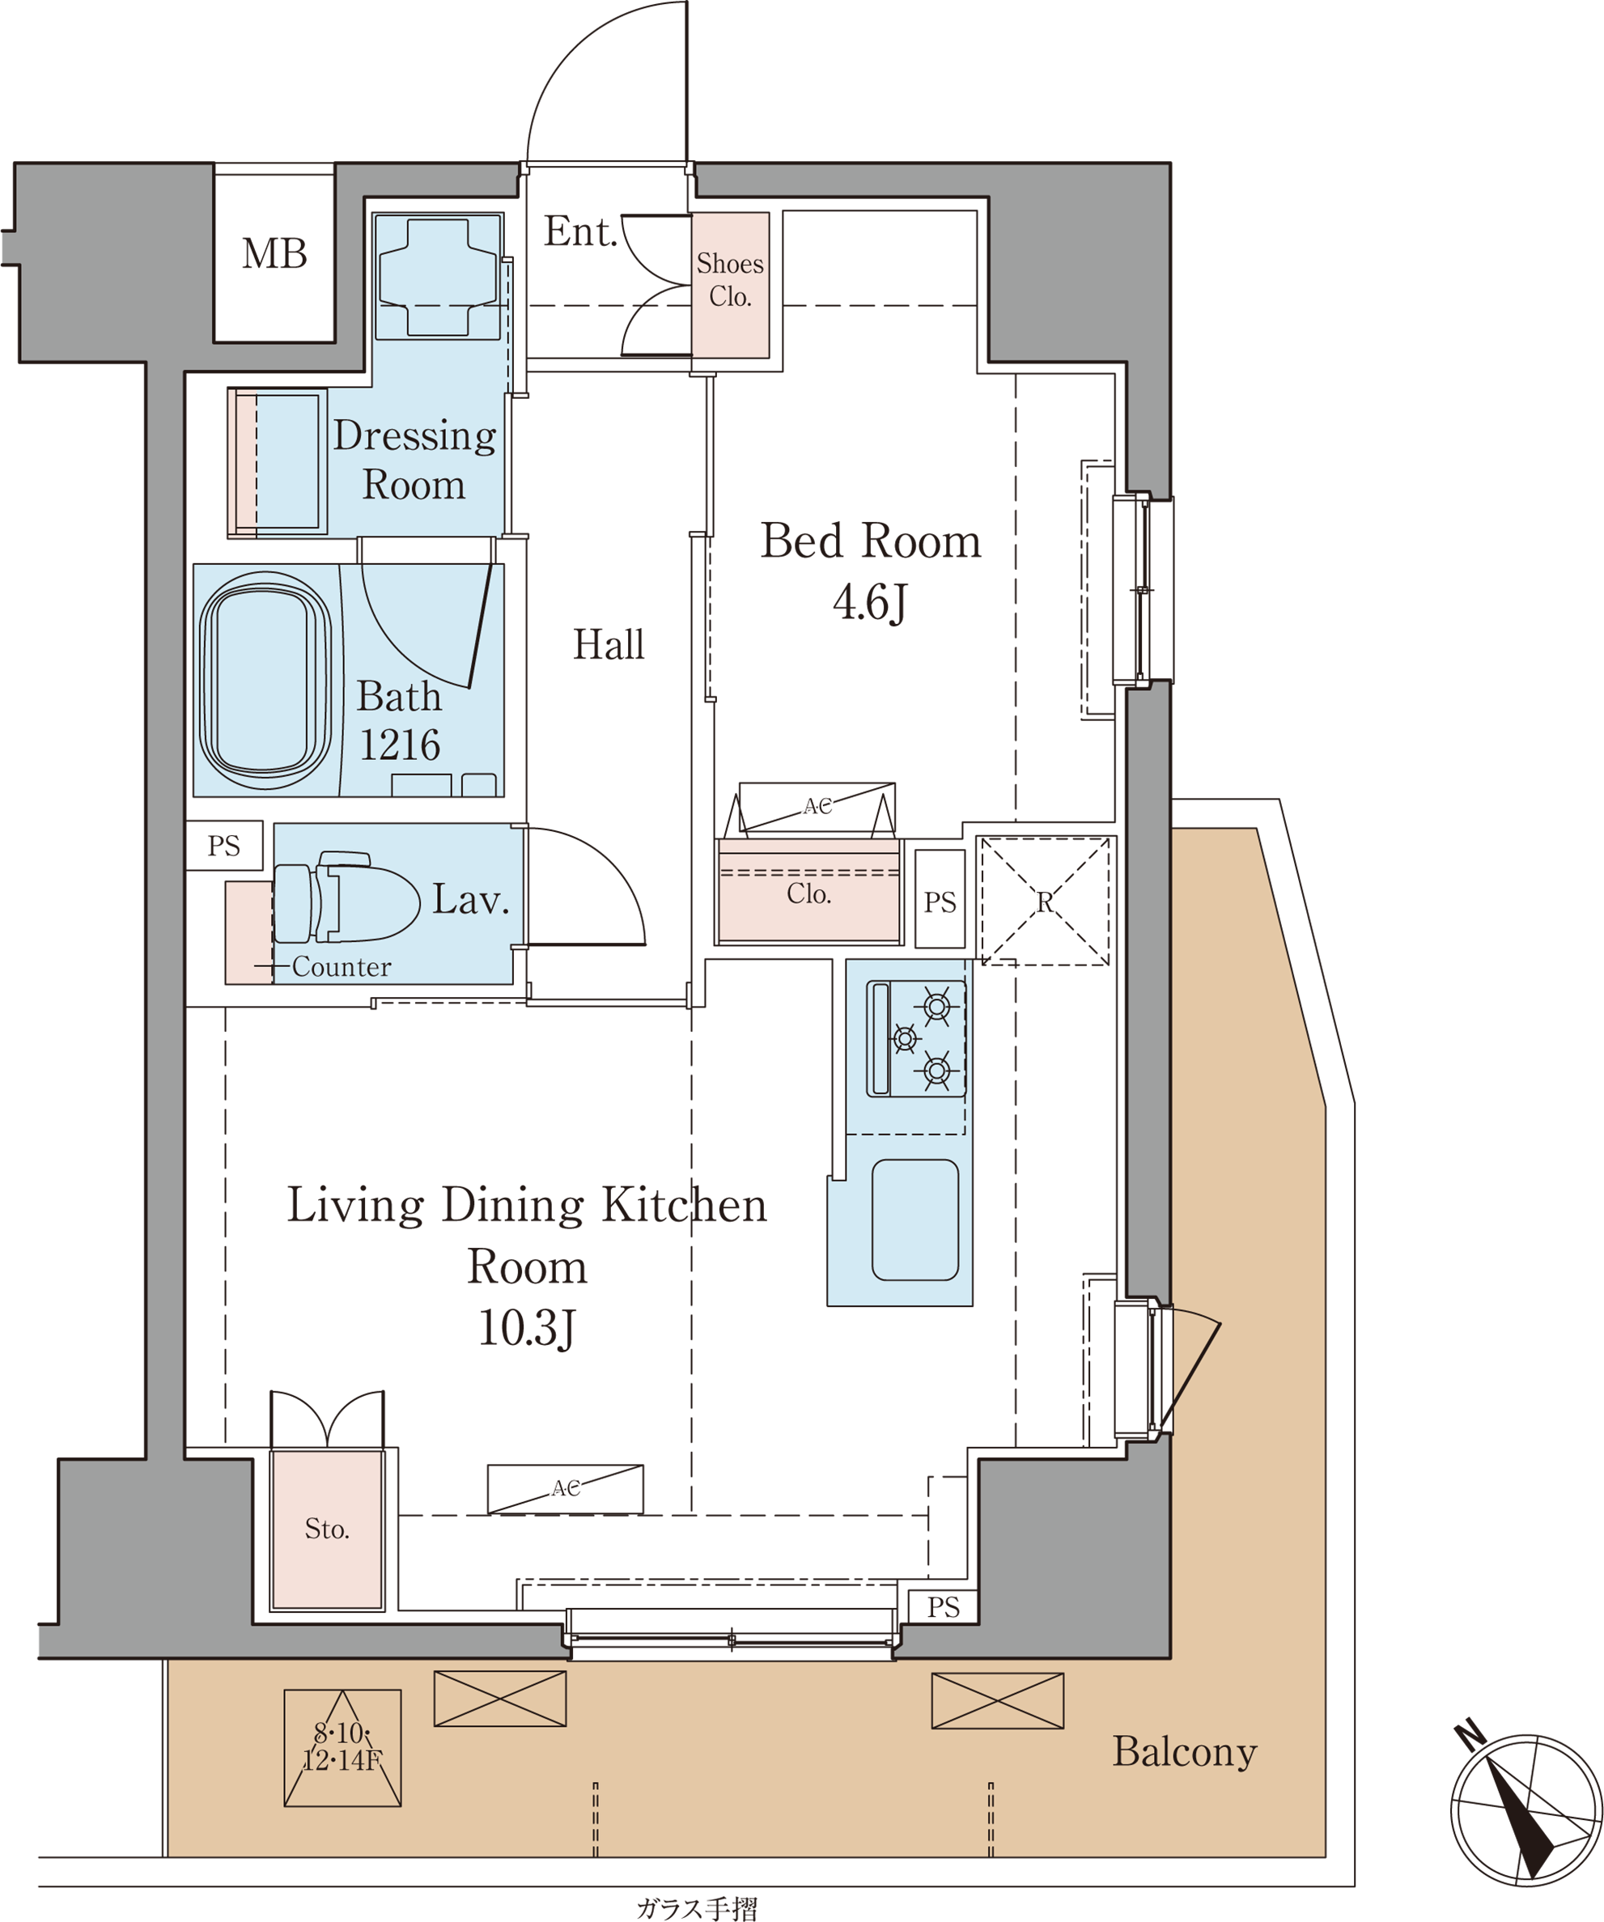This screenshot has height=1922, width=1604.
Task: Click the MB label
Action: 274,253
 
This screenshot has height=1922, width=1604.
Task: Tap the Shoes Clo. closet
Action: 729,285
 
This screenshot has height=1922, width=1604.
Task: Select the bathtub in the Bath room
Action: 265,680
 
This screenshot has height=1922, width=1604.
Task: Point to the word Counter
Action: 342,966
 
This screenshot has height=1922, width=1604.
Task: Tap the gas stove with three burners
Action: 916,1039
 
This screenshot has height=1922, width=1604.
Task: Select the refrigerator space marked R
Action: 1045,902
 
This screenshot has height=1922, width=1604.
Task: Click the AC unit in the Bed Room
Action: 817,808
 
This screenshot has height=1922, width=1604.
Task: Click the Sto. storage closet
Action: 327,1530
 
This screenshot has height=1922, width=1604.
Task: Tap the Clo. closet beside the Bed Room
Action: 808,892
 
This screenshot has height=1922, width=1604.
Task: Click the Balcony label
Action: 1185,1753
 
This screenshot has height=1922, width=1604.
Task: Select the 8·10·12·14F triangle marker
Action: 342,1747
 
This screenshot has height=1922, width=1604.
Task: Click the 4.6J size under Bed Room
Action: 869,602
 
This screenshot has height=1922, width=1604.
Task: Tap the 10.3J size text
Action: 526,1328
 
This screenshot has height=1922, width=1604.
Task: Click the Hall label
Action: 609,644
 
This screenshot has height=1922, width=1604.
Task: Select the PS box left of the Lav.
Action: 224,845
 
